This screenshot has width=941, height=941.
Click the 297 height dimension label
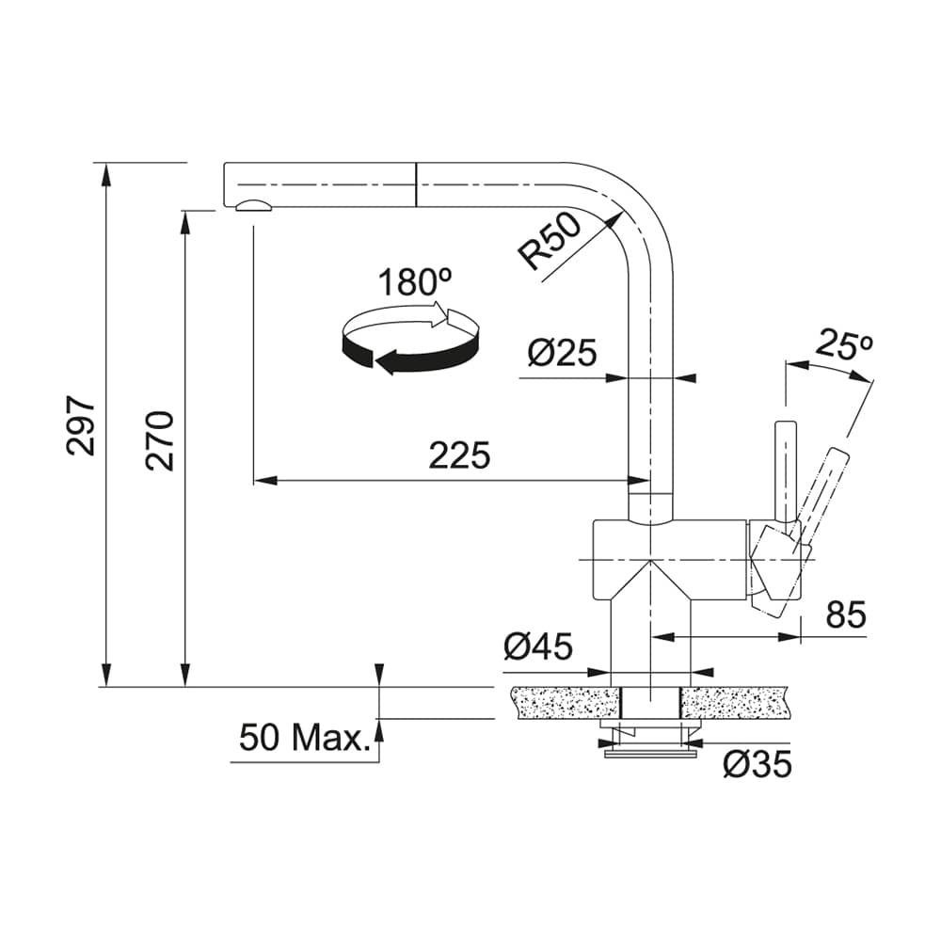click(82, 425)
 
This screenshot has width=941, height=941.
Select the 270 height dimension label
click(161, 439)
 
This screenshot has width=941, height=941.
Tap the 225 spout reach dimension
click(459, 455)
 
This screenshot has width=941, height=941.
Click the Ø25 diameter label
click(562, 353)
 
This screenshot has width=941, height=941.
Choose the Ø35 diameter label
click(757, 764)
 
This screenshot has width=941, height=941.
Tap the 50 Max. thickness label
click(304, 738)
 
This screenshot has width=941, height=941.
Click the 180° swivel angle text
click(413, 281)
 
